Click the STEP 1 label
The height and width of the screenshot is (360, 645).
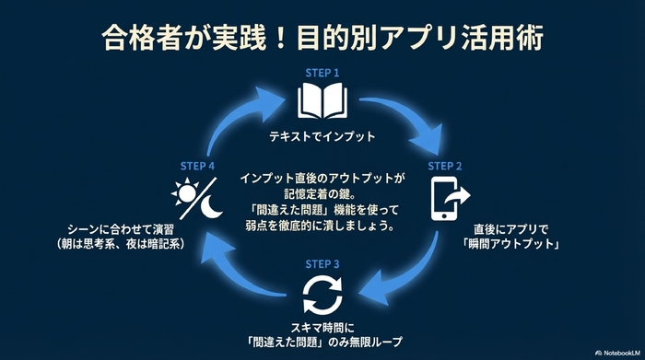tap(322, 72)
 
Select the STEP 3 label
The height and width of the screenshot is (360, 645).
tap(322, 263)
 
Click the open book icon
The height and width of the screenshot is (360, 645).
tap(322, 101)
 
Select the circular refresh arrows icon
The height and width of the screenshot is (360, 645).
tap(322, 296)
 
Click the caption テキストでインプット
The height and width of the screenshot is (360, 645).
tap(322, 135)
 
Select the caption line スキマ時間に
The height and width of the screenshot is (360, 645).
tap(322, 327)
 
